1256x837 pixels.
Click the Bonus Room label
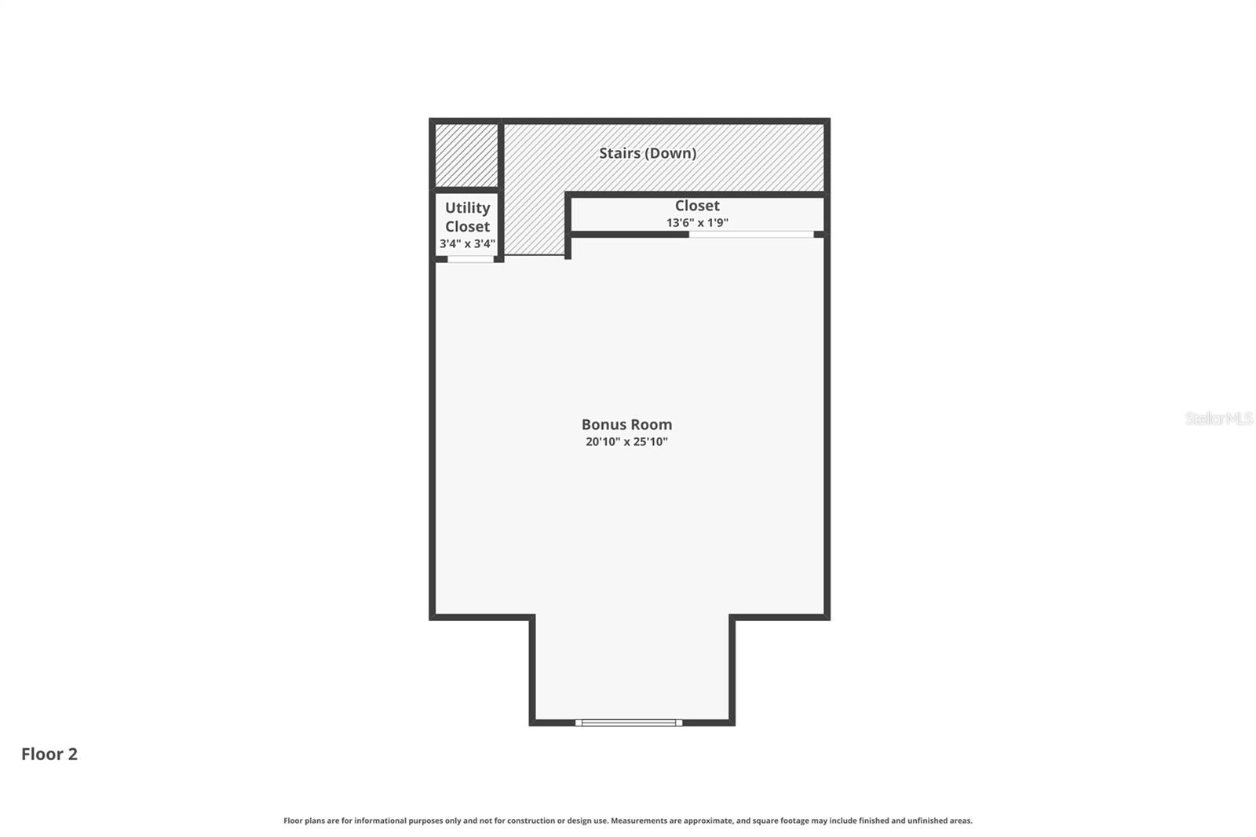pos(626,425)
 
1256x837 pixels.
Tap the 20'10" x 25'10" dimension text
pos(626,442)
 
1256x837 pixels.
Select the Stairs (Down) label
pos(648,153)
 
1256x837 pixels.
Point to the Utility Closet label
pos(467,217)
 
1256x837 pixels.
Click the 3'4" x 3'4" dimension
pos(467,243)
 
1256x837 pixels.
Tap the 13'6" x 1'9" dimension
pos(697,223)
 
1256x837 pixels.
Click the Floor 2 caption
pos(49,755)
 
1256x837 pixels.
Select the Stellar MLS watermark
pos(1218,418)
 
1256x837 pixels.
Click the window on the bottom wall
pos(628,722)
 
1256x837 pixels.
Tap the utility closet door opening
pos(470,258)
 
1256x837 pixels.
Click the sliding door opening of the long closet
pos(751,234)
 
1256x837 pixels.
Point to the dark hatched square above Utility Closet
pos(466,155)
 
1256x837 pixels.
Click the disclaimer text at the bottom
pos(628,821)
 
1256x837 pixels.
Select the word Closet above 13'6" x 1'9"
pos(697,206)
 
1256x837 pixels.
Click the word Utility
pos(467,208)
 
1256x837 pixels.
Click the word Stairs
pos(619,153)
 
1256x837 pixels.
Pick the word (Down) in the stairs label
pos(670,153)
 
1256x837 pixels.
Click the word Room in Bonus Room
pos(650,425)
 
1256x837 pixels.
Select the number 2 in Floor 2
pos(72,755)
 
